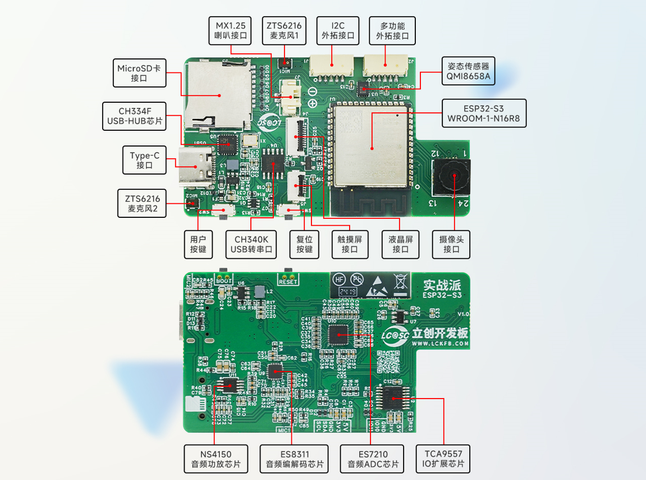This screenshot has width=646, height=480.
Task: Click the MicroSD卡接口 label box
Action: pos(140,72)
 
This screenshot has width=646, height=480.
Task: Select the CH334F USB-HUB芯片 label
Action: pos(135,116)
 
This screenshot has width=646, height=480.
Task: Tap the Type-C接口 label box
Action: pos(144,160)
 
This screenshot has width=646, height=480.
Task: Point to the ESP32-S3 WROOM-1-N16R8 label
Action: pos(484,113)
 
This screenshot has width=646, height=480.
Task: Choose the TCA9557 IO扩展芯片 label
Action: pos(442,459)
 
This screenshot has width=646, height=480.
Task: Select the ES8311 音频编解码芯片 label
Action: pos(294,459)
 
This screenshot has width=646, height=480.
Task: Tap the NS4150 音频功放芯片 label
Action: pos(216,459)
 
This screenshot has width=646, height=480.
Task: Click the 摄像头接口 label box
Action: pos(451,244)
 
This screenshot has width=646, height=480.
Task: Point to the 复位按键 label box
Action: pos(304,244)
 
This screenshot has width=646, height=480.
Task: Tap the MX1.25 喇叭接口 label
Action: pos(231,31)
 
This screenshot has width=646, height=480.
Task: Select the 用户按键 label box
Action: pos(198,244)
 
